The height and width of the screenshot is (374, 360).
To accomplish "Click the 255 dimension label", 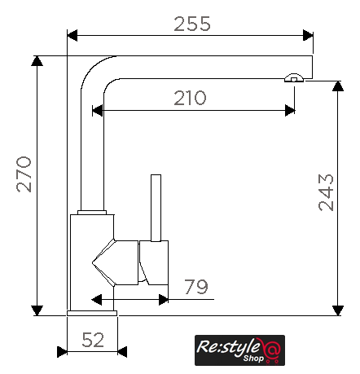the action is point(192,24).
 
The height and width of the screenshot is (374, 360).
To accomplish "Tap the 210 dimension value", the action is point(190,98).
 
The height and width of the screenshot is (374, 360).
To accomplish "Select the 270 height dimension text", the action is point(24,174).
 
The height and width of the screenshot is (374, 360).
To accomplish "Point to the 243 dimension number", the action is point(326,192).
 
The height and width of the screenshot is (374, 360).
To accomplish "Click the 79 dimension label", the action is point(196,287).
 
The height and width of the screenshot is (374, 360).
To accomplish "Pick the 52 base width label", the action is point(93,340).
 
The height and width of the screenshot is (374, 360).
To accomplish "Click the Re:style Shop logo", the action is point(239,350).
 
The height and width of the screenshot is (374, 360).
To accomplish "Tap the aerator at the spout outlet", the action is point(294,78).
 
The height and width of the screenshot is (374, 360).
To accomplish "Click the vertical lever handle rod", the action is point(156,208).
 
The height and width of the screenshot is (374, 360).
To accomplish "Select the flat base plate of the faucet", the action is point(92,313).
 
